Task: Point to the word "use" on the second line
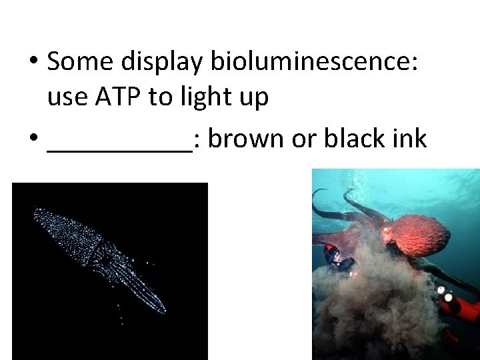click(x=67, y=98)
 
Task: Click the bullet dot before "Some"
click(x=33, y=62)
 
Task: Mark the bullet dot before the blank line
click(x=33, y=139)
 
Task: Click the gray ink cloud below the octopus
click(x=373, y=307)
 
